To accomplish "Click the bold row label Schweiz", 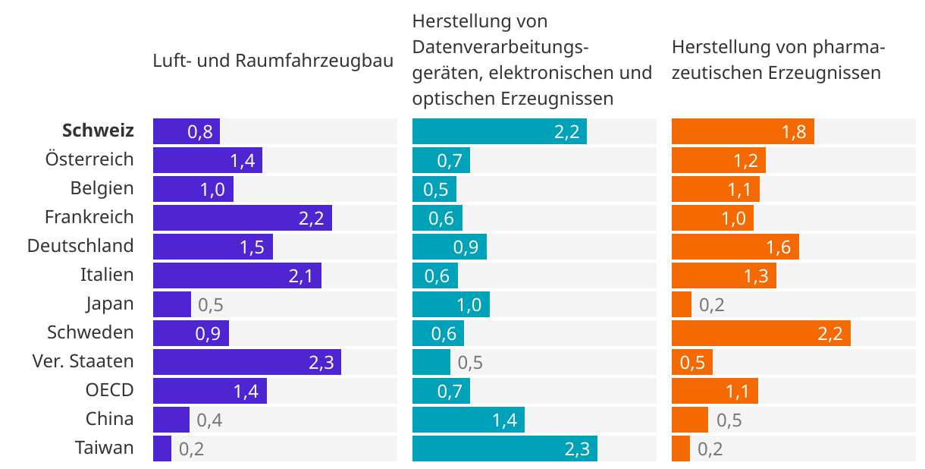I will (98, 131).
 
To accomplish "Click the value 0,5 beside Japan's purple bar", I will (210, 305).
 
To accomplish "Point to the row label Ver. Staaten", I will (83, 361).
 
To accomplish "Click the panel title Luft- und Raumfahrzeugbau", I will (273, 61).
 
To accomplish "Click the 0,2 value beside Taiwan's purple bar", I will (191, 449).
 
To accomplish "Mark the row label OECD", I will (109, 390).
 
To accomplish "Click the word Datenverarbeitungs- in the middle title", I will (500, 47).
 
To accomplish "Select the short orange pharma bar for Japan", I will (681, 304).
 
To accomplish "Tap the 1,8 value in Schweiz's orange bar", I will (793, 132).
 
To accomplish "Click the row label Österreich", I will (89, 159).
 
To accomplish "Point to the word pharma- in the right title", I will (852, 47).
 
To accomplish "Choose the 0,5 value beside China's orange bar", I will (729, 420).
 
